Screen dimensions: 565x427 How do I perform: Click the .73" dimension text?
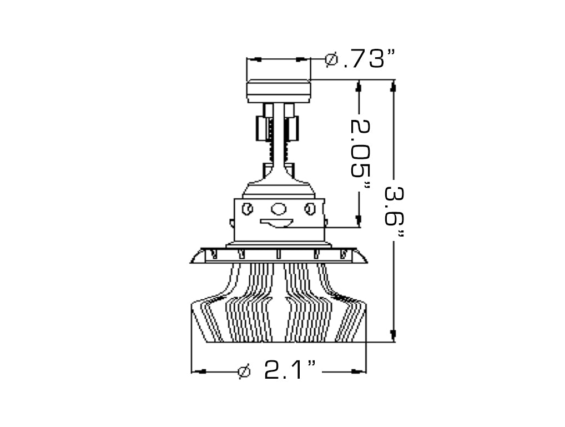pyautogui.click(x=369, y=59)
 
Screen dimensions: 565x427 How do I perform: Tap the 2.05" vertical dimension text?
pyautogui.click(x=360, y=155)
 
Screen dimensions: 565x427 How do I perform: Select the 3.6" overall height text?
pyautogui.click(x=394, y=213)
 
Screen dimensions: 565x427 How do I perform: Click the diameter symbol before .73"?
pyautogui.click(x=331, y=59)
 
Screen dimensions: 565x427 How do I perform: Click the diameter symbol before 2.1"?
pyautogui.click(x=244, y=371)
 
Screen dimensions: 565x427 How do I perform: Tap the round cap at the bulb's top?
pyautogui.click(x=279, y=90)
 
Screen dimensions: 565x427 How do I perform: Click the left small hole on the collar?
pyautogui.click(x=248, y=209)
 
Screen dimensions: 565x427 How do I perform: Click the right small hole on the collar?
pyautogui.click(x=310, y=209)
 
